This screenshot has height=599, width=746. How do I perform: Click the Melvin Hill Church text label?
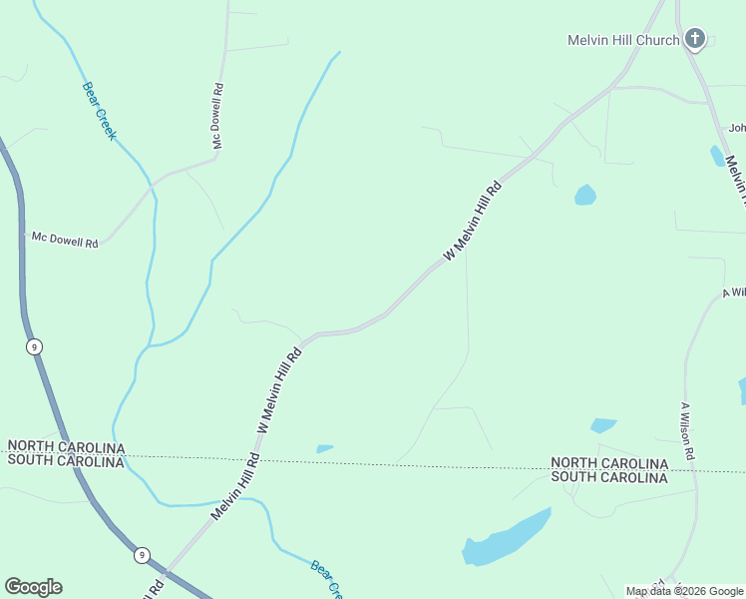point(623,40)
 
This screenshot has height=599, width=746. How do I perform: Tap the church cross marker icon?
point(695,40)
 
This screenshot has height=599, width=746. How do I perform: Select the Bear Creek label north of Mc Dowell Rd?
point(99,110)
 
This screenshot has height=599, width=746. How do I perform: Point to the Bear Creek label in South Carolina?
point(326,580)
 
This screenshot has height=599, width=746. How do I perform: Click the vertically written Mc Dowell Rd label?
point(217,117)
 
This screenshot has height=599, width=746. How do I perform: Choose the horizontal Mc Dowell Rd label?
point(65,240)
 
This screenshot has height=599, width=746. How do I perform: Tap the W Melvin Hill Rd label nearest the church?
point(472,221)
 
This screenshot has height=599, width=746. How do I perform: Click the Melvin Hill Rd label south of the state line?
point(235,487)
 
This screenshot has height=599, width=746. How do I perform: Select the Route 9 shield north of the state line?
point(35,346)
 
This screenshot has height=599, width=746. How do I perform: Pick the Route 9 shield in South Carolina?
point(143,555)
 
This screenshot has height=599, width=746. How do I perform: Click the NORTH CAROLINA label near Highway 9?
point(65,446)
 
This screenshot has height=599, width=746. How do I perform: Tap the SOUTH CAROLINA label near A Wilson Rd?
point(609,478)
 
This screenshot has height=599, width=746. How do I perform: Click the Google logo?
point(33,587)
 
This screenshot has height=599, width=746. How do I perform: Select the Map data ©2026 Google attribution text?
point(683,591)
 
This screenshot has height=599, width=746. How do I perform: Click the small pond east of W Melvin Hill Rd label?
point(585,195)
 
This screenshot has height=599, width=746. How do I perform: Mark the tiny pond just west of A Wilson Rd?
point(603,425)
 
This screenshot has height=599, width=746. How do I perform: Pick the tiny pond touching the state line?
point(324,448)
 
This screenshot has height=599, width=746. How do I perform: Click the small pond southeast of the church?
point(717,156)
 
